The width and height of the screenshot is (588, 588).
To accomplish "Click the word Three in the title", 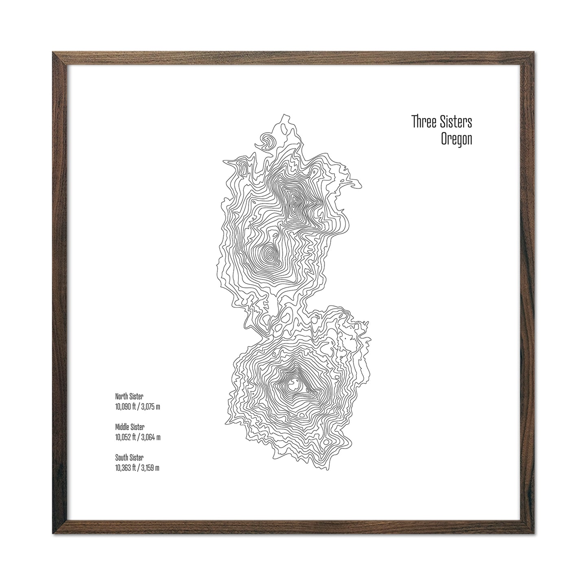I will (423, 122).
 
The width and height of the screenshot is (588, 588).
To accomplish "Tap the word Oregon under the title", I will (457, 140).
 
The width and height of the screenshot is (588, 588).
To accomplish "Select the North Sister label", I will (129, 396).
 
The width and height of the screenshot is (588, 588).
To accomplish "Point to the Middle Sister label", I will (130, 427).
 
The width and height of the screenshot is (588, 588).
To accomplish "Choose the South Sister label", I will (129, 458).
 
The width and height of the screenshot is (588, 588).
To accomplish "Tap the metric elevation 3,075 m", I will (151, 407).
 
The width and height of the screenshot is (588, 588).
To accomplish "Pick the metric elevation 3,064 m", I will (151, 437).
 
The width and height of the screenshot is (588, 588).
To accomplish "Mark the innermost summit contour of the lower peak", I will (293, 383).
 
